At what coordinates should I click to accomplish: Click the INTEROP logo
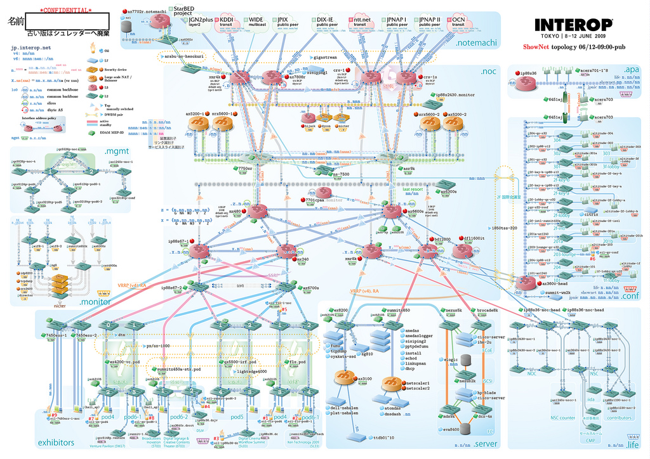tap(573, 25)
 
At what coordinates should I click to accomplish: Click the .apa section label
tap(630, 69)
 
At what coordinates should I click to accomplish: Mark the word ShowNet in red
tap(536, 47)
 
